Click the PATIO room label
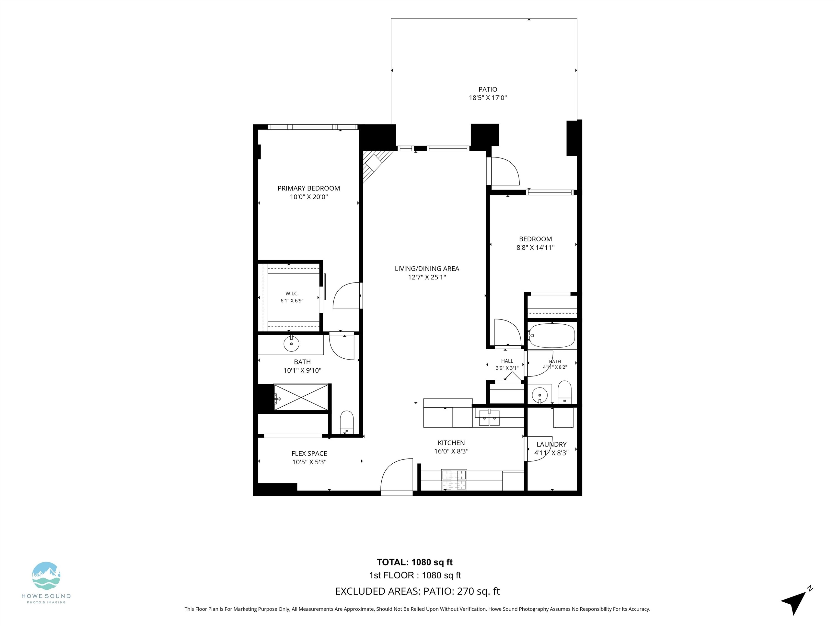[488, 89]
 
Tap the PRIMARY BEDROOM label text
[309, 188]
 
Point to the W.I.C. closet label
[292, 294]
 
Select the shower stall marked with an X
[301, 397]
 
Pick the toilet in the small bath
[564, 392]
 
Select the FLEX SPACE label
[309, 454]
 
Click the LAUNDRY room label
[551, 445]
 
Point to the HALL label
[507, 361]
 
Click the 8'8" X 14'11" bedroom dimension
[535, 248]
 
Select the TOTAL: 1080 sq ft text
[414, 562]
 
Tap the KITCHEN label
[451, 443]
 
